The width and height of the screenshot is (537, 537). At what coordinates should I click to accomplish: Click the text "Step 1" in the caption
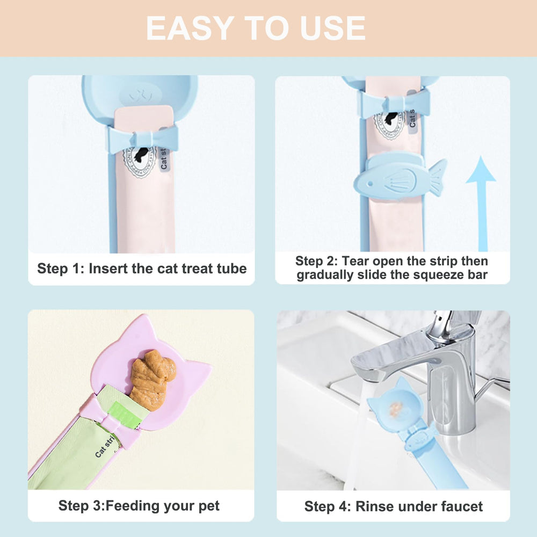[x=58, y=268]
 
